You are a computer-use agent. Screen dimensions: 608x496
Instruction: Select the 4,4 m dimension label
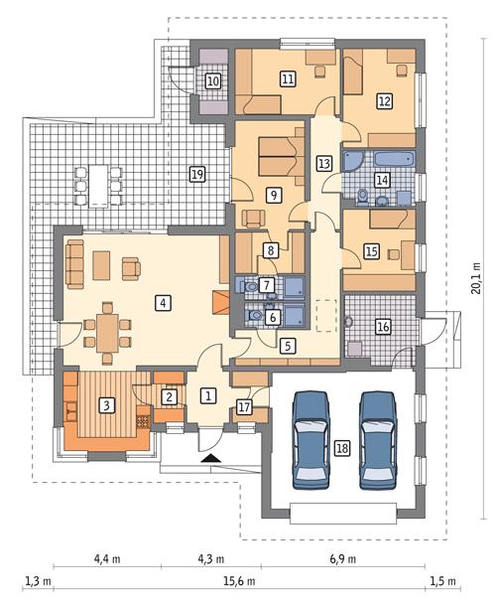107,558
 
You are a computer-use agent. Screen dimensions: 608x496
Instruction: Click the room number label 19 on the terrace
196,174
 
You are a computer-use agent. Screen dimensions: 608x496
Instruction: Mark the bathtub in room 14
370,159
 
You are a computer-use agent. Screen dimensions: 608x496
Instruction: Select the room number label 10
212,80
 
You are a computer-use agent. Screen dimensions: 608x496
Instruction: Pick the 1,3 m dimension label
39,580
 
